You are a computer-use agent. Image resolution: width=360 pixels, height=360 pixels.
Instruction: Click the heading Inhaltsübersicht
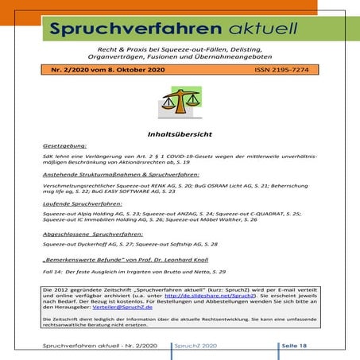pyautogui.click(x=179, y=136)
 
